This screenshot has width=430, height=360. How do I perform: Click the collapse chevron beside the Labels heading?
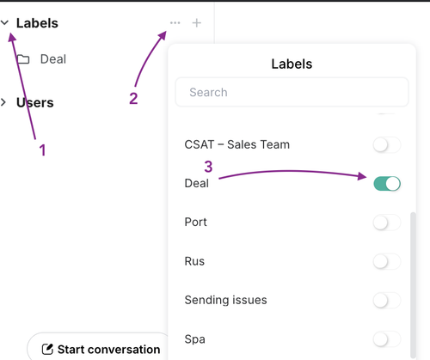coord(5,22)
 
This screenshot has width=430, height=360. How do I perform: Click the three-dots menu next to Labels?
coord(175,22)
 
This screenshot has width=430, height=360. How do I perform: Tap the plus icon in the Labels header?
coord(197,23)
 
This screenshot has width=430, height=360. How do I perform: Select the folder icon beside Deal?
coord(23,59)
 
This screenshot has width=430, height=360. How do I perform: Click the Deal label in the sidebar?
coord(53,59)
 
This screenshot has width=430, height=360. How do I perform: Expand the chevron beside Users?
coord(3,102)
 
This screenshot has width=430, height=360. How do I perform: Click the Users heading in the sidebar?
coord(35,102)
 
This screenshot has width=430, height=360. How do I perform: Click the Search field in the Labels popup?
coord(292,92)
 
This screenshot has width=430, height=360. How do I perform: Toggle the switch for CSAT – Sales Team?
coord(387,144)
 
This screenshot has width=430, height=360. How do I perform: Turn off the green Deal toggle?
coord(387,184)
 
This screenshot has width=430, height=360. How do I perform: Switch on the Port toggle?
coord(387,223)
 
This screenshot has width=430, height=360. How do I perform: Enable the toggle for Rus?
coord(387,261)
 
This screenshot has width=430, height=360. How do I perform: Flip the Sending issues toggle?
coord(387,301)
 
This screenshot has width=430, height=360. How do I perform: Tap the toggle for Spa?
coord(387,339)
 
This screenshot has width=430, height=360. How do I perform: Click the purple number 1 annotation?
coord(43,150)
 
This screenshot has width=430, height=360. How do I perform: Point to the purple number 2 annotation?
coord(133,99)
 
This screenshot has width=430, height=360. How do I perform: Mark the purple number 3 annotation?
coord(208,167)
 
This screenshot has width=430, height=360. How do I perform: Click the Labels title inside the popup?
coord(292,64)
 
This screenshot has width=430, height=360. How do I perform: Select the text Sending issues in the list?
coord(225,300)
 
